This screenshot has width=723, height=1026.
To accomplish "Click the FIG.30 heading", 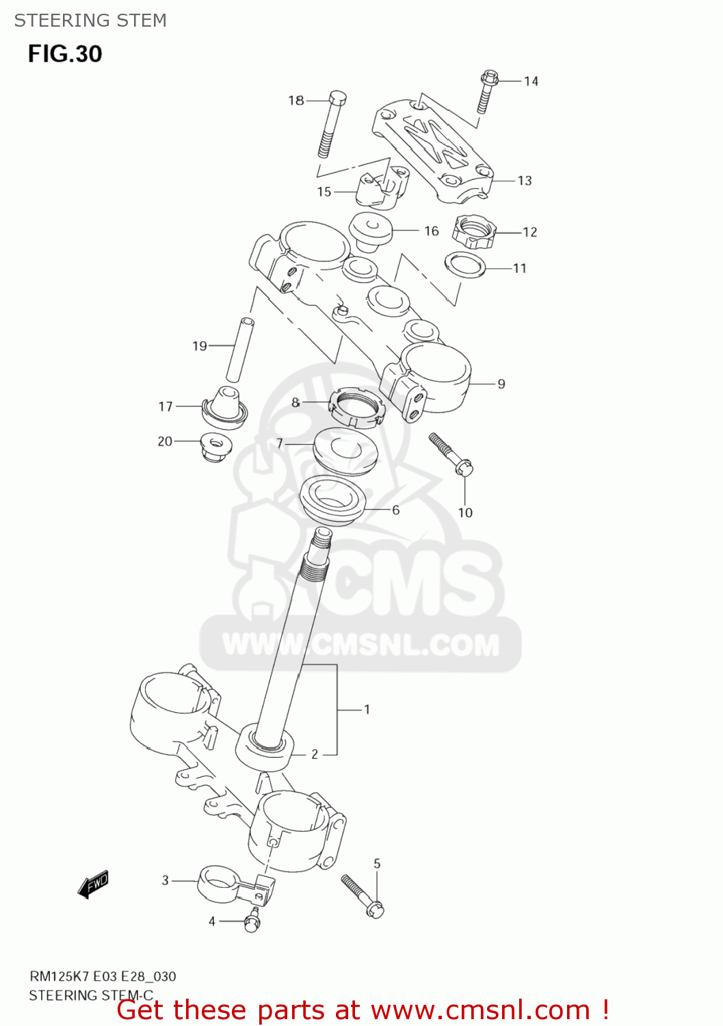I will tap(65, 54).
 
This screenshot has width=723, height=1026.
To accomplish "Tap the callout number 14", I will tap(531, 81).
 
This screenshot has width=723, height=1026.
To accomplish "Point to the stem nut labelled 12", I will tap(474, 231).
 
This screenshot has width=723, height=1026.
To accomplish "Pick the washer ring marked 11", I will tap(466, 264).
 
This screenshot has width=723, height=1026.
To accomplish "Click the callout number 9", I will tap(501, 384).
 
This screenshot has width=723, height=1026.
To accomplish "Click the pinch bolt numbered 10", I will tap(451, 453).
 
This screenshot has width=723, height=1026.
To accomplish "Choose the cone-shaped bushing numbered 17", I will tap(225, 406).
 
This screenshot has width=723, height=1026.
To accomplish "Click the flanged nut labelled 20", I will tap(218, 445).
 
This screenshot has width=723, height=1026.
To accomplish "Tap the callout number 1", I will tap(367, 710).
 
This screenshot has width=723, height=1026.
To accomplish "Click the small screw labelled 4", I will tap(252, 920).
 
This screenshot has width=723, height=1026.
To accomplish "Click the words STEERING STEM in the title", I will tap(90, 21).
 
